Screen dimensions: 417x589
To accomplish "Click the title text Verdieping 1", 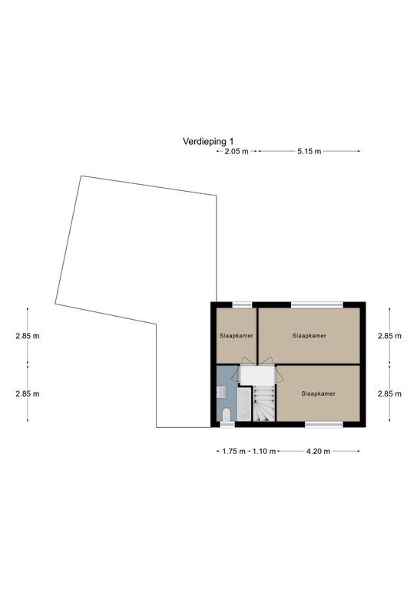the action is [x=208, y=142].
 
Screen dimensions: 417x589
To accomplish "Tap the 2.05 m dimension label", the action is [x=236, y=151].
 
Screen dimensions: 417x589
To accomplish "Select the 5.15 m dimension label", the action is [x=309, y=151].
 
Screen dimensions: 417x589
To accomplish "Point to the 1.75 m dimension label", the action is [x=234, y=451].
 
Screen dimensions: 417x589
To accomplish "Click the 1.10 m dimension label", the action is [x=264, y=451].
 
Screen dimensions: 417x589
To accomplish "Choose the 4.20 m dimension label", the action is [x=318, y=451].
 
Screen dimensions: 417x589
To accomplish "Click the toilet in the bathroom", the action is [x=227, y=415].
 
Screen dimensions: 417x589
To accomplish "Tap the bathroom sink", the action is [x=221, y=392].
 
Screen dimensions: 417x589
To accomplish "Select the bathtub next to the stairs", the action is [x=243, y=404].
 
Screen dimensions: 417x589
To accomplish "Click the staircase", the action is [x=263, y=404].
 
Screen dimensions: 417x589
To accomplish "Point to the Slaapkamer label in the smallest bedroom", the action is [x=237, y=336].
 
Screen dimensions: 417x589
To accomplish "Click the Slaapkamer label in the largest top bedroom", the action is [x=309, y=336].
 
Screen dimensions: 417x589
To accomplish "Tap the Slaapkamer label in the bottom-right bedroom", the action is [x=318, y=393].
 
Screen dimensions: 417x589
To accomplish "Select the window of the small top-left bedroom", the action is [x=242, y=304].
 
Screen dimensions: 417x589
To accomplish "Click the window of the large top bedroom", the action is [x=317, y=304].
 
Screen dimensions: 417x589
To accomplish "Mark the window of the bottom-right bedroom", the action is [x=324, y=424].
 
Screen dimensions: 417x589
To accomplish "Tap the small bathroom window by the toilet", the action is [x=227, y=424].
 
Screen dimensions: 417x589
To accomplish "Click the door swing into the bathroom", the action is [x=236, y=374].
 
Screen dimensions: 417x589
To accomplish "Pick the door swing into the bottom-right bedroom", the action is [x=279, y=376].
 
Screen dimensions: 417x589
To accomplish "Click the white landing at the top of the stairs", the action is [x=257, y=375].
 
